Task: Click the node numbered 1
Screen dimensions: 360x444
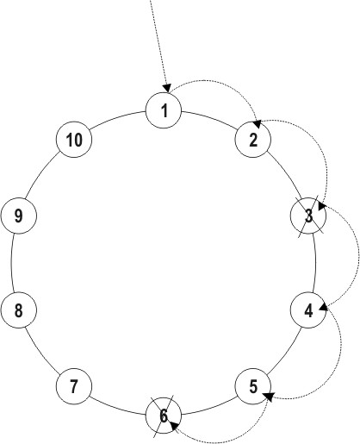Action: tap(164, 110)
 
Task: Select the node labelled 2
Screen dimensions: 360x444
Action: tap(253, 140)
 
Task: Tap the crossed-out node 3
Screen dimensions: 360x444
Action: tap(308, 216)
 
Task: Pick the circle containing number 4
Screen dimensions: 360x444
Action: tap(308, 310)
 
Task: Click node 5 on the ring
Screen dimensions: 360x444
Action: tap(253, 386)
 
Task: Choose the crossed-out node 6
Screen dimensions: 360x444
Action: tap(164, 416)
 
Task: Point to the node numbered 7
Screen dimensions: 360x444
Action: tap(74, 386)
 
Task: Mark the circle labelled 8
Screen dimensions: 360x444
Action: tap(19, 310)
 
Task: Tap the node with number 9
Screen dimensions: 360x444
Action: tap(19, 216)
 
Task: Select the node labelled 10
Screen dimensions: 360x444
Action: tap(74, 140)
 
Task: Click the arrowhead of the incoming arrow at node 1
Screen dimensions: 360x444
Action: tap(167, 88)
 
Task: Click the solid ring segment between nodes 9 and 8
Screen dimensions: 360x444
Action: tap(11, 263)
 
